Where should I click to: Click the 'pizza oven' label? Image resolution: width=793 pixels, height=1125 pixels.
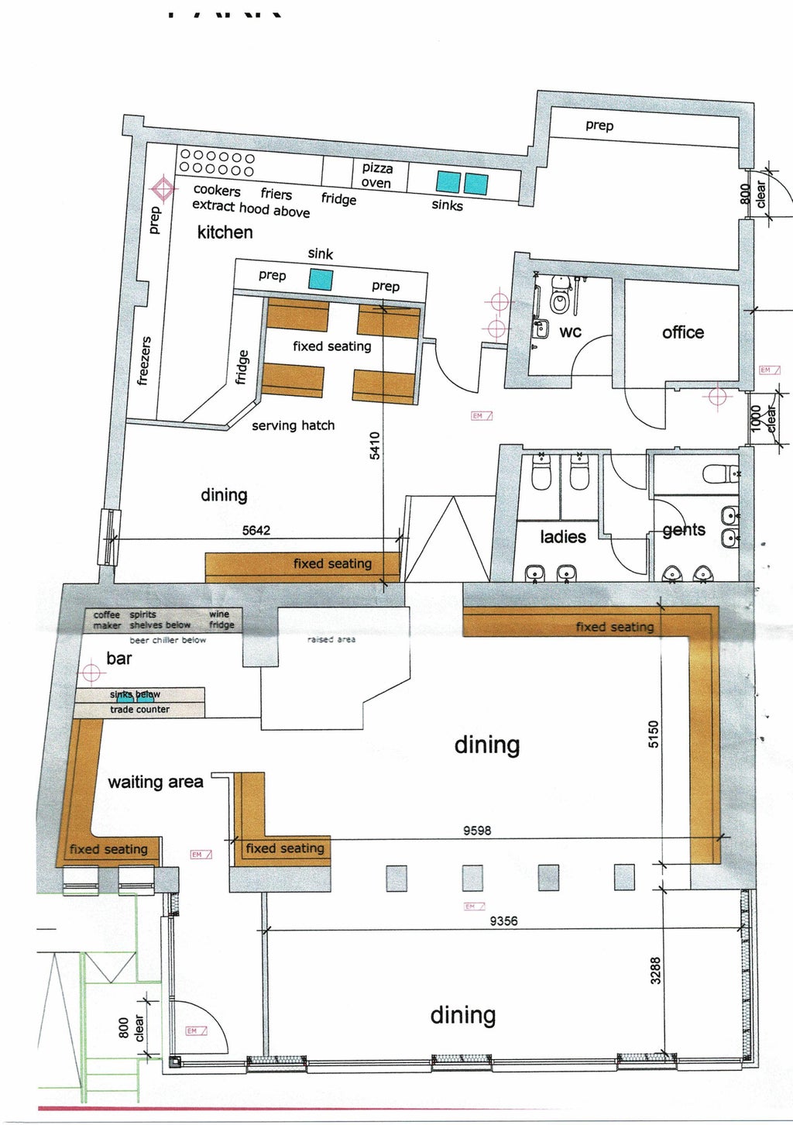point(377,175)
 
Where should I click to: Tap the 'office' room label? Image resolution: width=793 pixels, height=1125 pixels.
point(682,332)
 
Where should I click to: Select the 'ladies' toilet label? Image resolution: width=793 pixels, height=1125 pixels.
point(562,536)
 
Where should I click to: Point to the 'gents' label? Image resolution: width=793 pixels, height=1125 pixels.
point(684,530)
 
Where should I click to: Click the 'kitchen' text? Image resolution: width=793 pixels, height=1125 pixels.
point(225,232)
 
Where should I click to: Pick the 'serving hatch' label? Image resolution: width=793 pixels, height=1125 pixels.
point(293,425)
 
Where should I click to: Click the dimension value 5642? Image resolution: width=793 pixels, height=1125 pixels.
point(256,531)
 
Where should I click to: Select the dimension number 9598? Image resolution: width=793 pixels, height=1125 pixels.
point(477,830)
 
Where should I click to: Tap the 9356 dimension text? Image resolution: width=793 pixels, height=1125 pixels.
point(503,920)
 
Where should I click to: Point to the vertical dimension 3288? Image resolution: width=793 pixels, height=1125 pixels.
point(655,972)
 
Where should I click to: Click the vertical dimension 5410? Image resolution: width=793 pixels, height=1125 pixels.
point(375,446)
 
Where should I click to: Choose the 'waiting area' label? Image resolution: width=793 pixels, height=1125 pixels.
point(155,782)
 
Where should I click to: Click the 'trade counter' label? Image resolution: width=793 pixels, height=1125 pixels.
point(139,709)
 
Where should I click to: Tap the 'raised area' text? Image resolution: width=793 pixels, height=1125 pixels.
point(331,639)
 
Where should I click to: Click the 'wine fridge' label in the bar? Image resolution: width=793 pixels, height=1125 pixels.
point(221,619)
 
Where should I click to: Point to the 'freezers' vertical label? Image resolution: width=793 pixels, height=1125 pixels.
point(143,360)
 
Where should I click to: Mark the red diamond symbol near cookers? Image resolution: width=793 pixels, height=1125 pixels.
point(163,188)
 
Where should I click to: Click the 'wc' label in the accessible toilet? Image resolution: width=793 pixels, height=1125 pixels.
point(570,332)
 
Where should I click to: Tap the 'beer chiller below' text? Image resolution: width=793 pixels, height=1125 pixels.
point(168,640)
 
